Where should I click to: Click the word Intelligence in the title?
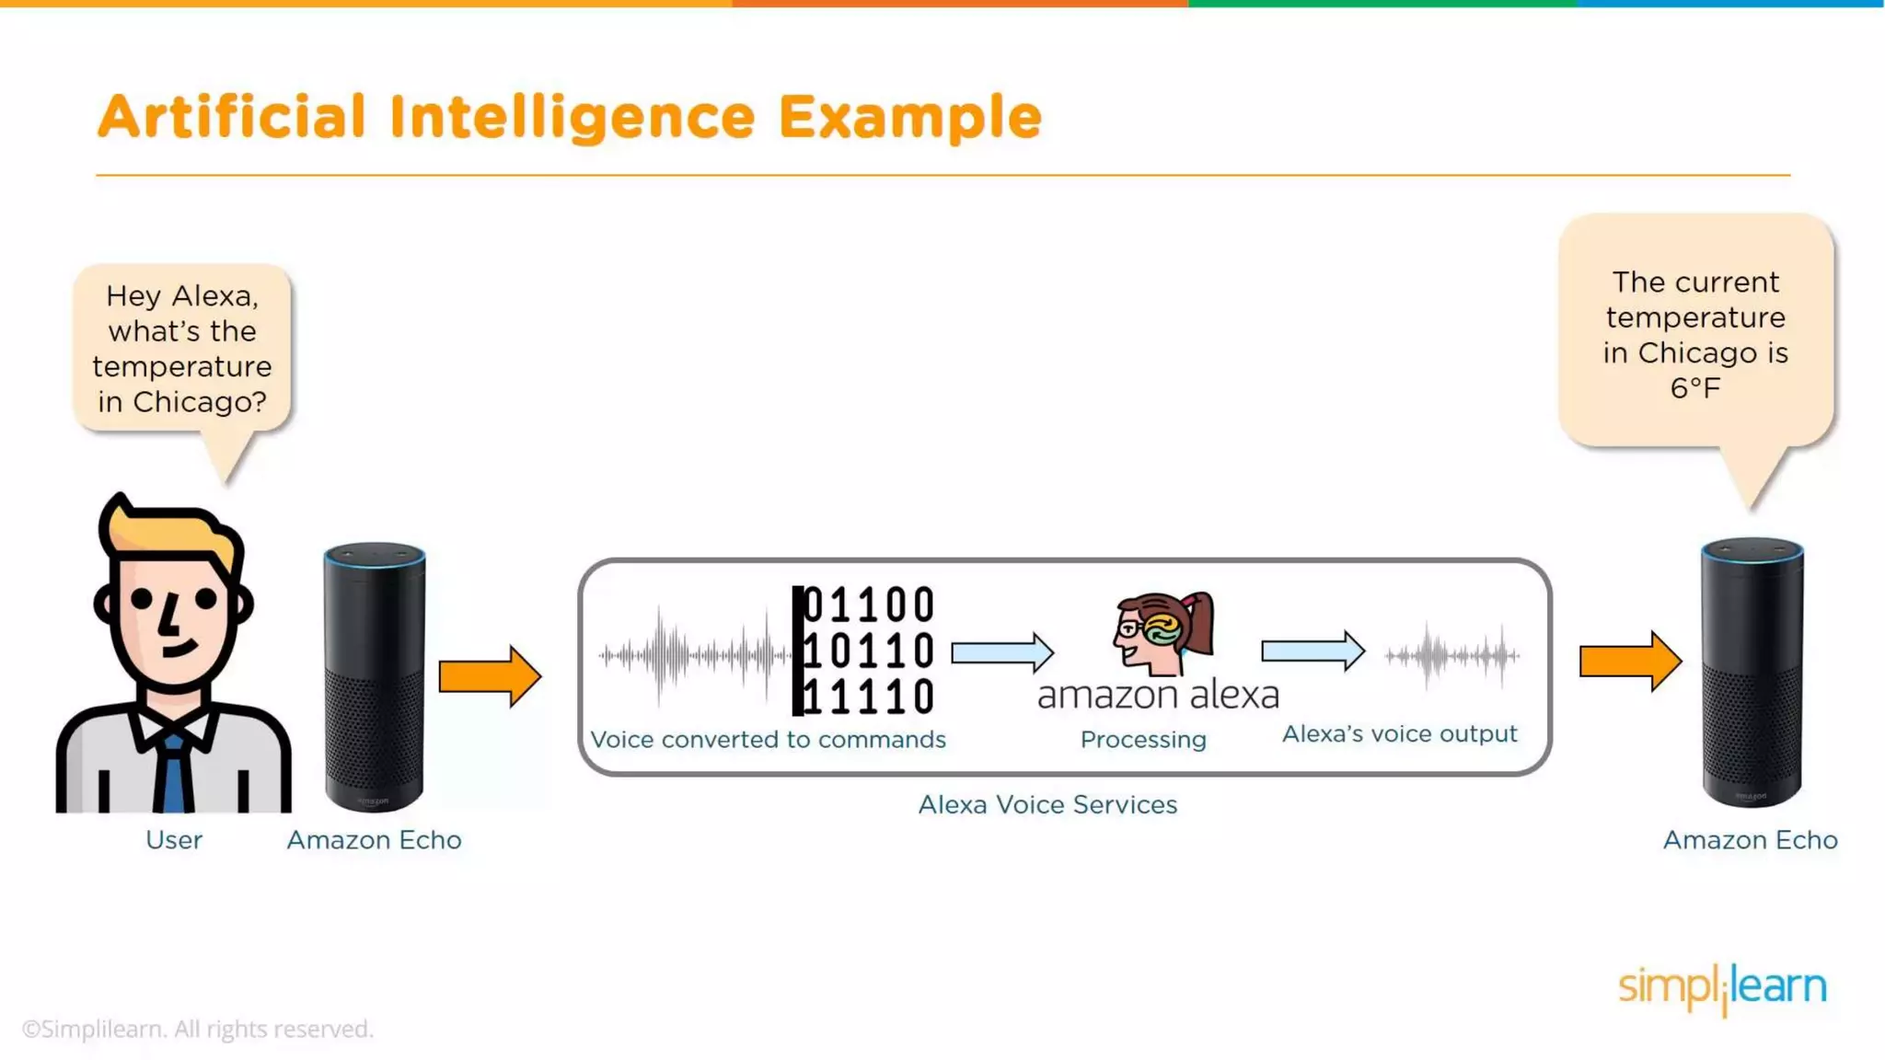[x=571, y=118]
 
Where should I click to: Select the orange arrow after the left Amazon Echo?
[x=489, y=676]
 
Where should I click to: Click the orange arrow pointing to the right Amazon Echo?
[x=1629, y=661]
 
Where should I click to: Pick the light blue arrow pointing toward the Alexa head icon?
[x=1001, y=652]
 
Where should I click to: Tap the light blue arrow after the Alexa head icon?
[x=1312, y=651]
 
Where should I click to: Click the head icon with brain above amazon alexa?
[x=1162, y=632]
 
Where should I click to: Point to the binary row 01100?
[x=869, y=605]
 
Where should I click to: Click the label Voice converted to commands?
[x=768, y=740]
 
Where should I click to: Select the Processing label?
[x=1143, y=740]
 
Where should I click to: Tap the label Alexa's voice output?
[x=1399, y=734]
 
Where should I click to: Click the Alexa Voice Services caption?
[x=1047, y=805]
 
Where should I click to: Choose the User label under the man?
[x=174, y=840]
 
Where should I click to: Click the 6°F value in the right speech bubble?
[x=1695, y=388]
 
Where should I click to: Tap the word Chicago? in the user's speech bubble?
[x=200, y=402]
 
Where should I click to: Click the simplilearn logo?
[x=1722, y=988]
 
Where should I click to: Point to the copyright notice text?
[x=198, y=1029]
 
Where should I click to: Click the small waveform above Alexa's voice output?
[x=1451, y=656]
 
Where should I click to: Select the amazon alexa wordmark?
[x=1158, y=696]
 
